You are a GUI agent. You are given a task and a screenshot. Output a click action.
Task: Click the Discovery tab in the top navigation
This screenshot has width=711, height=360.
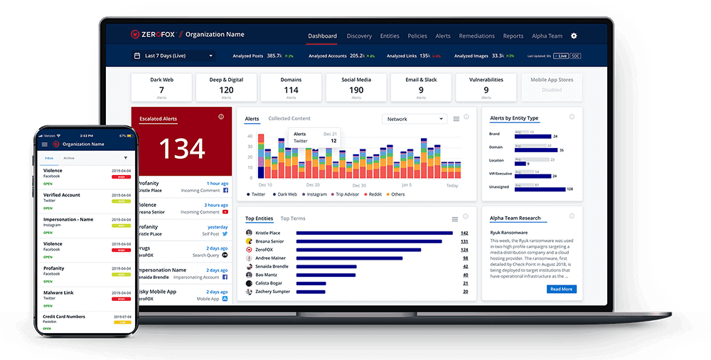pos(359,36)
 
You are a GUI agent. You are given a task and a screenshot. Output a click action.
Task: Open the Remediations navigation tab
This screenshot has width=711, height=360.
pos(477,36)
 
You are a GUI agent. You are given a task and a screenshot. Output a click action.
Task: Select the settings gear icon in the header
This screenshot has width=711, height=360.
pos(574,36)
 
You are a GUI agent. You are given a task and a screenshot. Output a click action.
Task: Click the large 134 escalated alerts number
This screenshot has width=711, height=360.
pos(182,148)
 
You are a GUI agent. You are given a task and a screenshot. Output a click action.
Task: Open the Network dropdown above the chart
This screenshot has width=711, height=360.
pos(415,119)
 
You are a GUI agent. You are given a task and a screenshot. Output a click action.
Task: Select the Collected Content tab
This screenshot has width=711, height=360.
pos(289,119)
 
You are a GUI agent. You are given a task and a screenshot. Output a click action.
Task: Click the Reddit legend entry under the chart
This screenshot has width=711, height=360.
pos(374,194)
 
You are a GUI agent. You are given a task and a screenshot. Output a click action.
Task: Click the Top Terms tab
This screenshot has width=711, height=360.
pos(293,218)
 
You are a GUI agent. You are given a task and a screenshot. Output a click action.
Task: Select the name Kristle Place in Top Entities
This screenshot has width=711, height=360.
pos(267,233)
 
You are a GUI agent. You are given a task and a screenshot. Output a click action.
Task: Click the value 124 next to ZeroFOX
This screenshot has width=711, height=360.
pos(464,250)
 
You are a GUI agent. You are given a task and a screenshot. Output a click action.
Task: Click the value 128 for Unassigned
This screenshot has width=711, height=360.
pos(570,189)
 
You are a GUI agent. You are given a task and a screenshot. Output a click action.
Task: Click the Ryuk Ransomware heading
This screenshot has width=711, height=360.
pos(510,232)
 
